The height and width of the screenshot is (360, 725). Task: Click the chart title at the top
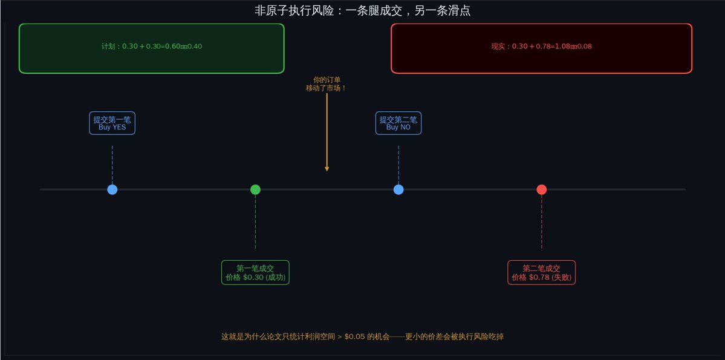(362, 11)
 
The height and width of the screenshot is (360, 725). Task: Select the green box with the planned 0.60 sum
(152, 48)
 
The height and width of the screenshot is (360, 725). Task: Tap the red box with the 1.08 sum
(541, 48)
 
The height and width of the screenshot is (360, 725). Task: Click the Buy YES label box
(112, 123)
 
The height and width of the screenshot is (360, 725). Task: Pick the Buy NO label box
(398, 123)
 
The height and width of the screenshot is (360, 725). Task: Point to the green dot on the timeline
(255, 189)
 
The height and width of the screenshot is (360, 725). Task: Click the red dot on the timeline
(541, 189)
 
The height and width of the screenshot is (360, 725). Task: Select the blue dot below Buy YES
(112, 189)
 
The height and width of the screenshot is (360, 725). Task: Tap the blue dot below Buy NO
(398, 189)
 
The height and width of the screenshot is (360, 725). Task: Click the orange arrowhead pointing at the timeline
(327, 168)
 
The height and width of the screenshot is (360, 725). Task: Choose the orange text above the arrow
(327, 84)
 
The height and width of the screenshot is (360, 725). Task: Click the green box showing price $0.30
(255, 273)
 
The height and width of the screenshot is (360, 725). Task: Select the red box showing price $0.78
(541, 273)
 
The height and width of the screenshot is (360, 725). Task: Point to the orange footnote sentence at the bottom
(362, 336)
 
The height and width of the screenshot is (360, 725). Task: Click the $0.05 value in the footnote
(354, 336)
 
